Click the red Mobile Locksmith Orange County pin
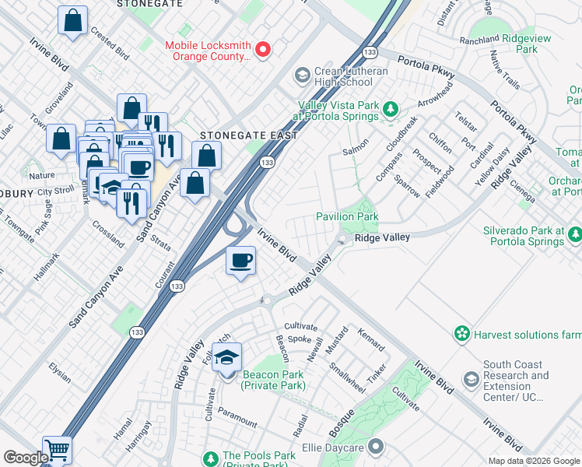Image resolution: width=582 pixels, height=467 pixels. tap(263, 50)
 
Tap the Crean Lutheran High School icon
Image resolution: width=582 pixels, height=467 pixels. tap(302, 75)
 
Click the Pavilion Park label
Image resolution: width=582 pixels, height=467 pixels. tap(346, 216)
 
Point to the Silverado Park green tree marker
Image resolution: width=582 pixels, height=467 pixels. tap(574, 234)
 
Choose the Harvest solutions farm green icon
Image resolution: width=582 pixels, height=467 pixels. tap(462, 334)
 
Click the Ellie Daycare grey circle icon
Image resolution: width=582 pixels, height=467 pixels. tap(376, 447)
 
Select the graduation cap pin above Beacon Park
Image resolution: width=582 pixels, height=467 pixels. tap(226, 358)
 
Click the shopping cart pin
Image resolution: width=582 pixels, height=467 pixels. tap(57, 449)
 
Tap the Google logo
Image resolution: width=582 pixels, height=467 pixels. tap(26, 458)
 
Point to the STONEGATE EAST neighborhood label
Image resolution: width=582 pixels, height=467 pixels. tap(249, 135)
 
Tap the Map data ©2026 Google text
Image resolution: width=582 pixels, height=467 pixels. tap(534, 461)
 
